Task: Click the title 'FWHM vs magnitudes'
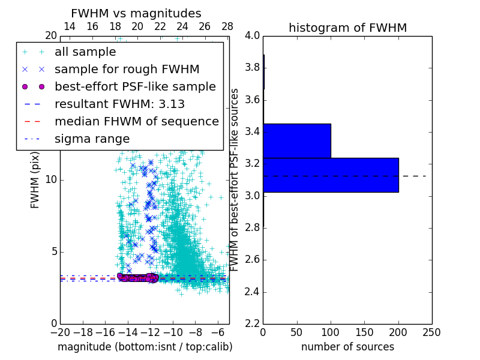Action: (136, 13)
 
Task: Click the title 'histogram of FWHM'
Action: (347, 28)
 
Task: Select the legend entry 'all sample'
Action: (85, 52)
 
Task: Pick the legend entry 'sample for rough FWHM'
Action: (127, 70)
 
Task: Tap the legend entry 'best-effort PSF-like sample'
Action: (135, 86)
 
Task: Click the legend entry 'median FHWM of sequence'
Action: (136, 121)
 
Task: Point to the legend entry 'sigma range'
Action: (92, 139)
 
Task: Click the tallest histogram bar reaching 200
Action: (331, 175)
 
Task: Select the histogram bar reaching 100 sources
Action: (297, 140)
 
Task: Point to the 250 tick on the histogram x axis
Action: (431, 332)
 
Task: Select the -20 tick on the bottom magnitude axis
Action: (60, 332)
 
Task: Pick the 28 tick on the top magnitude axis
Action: (227, 26)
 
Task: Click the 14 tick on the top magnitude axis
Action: (70, 26)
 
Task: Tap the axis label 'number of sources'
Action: (347, 347)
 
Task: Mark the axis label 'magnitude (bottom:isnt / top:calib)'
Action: (145, 347)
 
